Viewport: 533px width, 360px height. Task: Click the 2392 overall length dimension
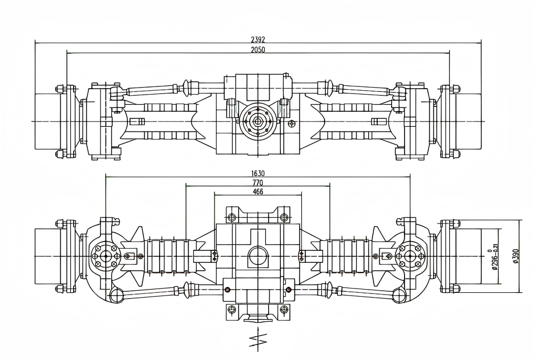tap(258, 40)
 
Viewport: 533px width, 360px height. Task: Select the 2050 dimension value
tap(258, 49)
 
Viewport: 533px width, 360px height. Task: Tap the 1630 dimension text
tap(258, 174)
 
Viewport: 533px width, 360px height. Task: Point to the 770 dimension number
tap(258, 183)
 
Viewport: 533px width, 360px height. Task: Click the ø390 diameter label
tap(515, 256)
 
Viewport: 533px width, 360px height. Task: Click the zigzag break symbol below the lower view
tap(258, 339)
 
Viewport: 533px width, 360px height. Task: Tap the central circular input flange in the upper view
tap(258, 121)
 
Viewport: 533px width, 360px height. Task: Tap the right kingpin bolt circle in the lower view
tap(410, 256)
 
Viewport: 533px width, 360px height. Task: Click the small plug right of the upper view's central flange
tap(291, 124)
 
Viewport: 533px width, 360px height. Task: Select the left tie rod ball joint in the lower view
tap(114, 295)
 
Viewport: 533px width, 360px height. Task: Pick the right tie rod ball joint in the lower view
tap(399, 295)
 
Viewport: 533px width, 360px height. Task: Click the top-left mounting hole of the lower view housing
tap(232, 218)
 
